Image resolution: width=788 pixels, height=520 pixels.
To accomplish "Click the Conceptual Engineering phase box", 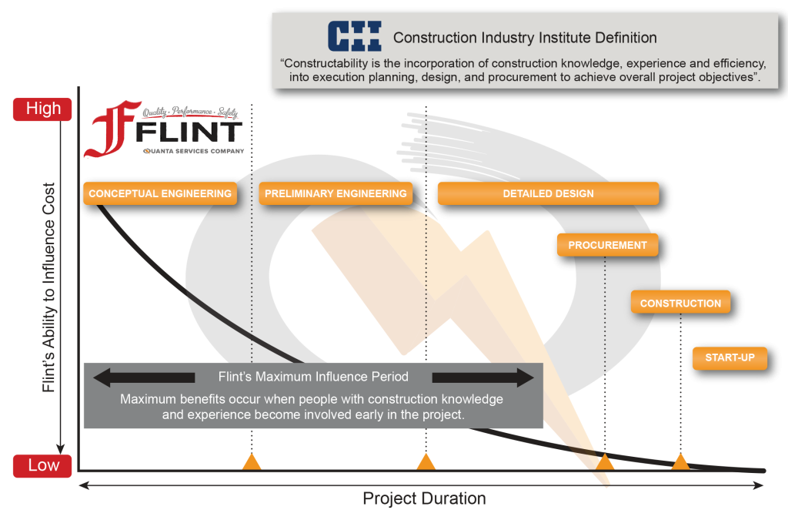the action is pos(160,193).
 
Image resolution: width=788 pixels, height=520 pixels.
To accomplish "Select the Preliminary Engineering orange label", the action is pos(336,193).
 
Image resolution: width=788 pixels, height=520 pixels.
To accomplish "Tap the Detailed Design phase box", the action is pos(548,193).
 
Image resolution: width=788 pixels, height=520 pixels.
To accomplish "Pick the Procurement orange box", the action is pos(608,246).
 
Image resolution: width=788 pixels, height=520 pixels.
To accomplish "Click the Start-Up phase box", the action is pos(730,358).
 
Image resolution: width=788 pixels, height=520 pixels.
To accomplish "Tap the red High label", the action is pos(43,109).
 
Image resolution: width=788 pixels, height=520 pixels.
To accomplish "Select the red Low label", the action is pos(43,465).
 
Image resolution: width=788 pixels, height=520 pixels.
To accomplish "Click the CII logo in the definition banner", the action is pos(354,36).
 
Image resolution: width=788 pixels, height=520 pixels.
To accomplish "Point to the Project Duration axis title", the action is pos(424,498).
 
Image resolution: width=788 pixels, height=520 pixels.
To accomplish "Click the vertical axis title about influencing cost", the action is pos(48,287).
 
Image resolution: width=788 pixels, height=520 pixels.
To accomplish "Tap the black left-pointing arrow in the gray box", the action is pos(144,377).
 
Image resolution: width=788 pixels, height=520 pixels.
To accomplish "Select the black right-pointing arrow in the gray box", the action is pos(483,377).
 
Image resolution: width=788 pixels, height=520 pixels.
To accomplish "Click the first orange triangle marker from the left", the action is pos(252,462).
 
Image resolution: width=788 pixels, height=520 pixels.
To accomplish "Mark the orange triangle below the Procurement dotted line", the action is pos(605,462).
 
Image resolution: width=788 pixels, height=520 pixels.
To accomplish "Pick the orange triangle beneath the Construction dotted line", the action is pos(680,462).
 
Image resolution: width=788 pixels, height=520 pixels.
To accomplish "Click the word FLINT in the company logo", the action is pos(189,133).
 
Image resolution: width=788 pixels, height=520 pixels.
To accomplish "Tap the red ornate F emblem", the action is pos(112,129).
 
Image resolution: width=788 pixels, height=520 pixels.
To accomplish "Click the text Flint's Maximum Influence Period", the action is pos(313,377).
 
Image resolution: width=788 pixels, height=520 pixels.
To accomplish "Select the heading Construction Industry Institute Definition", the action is pos(525,38).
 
